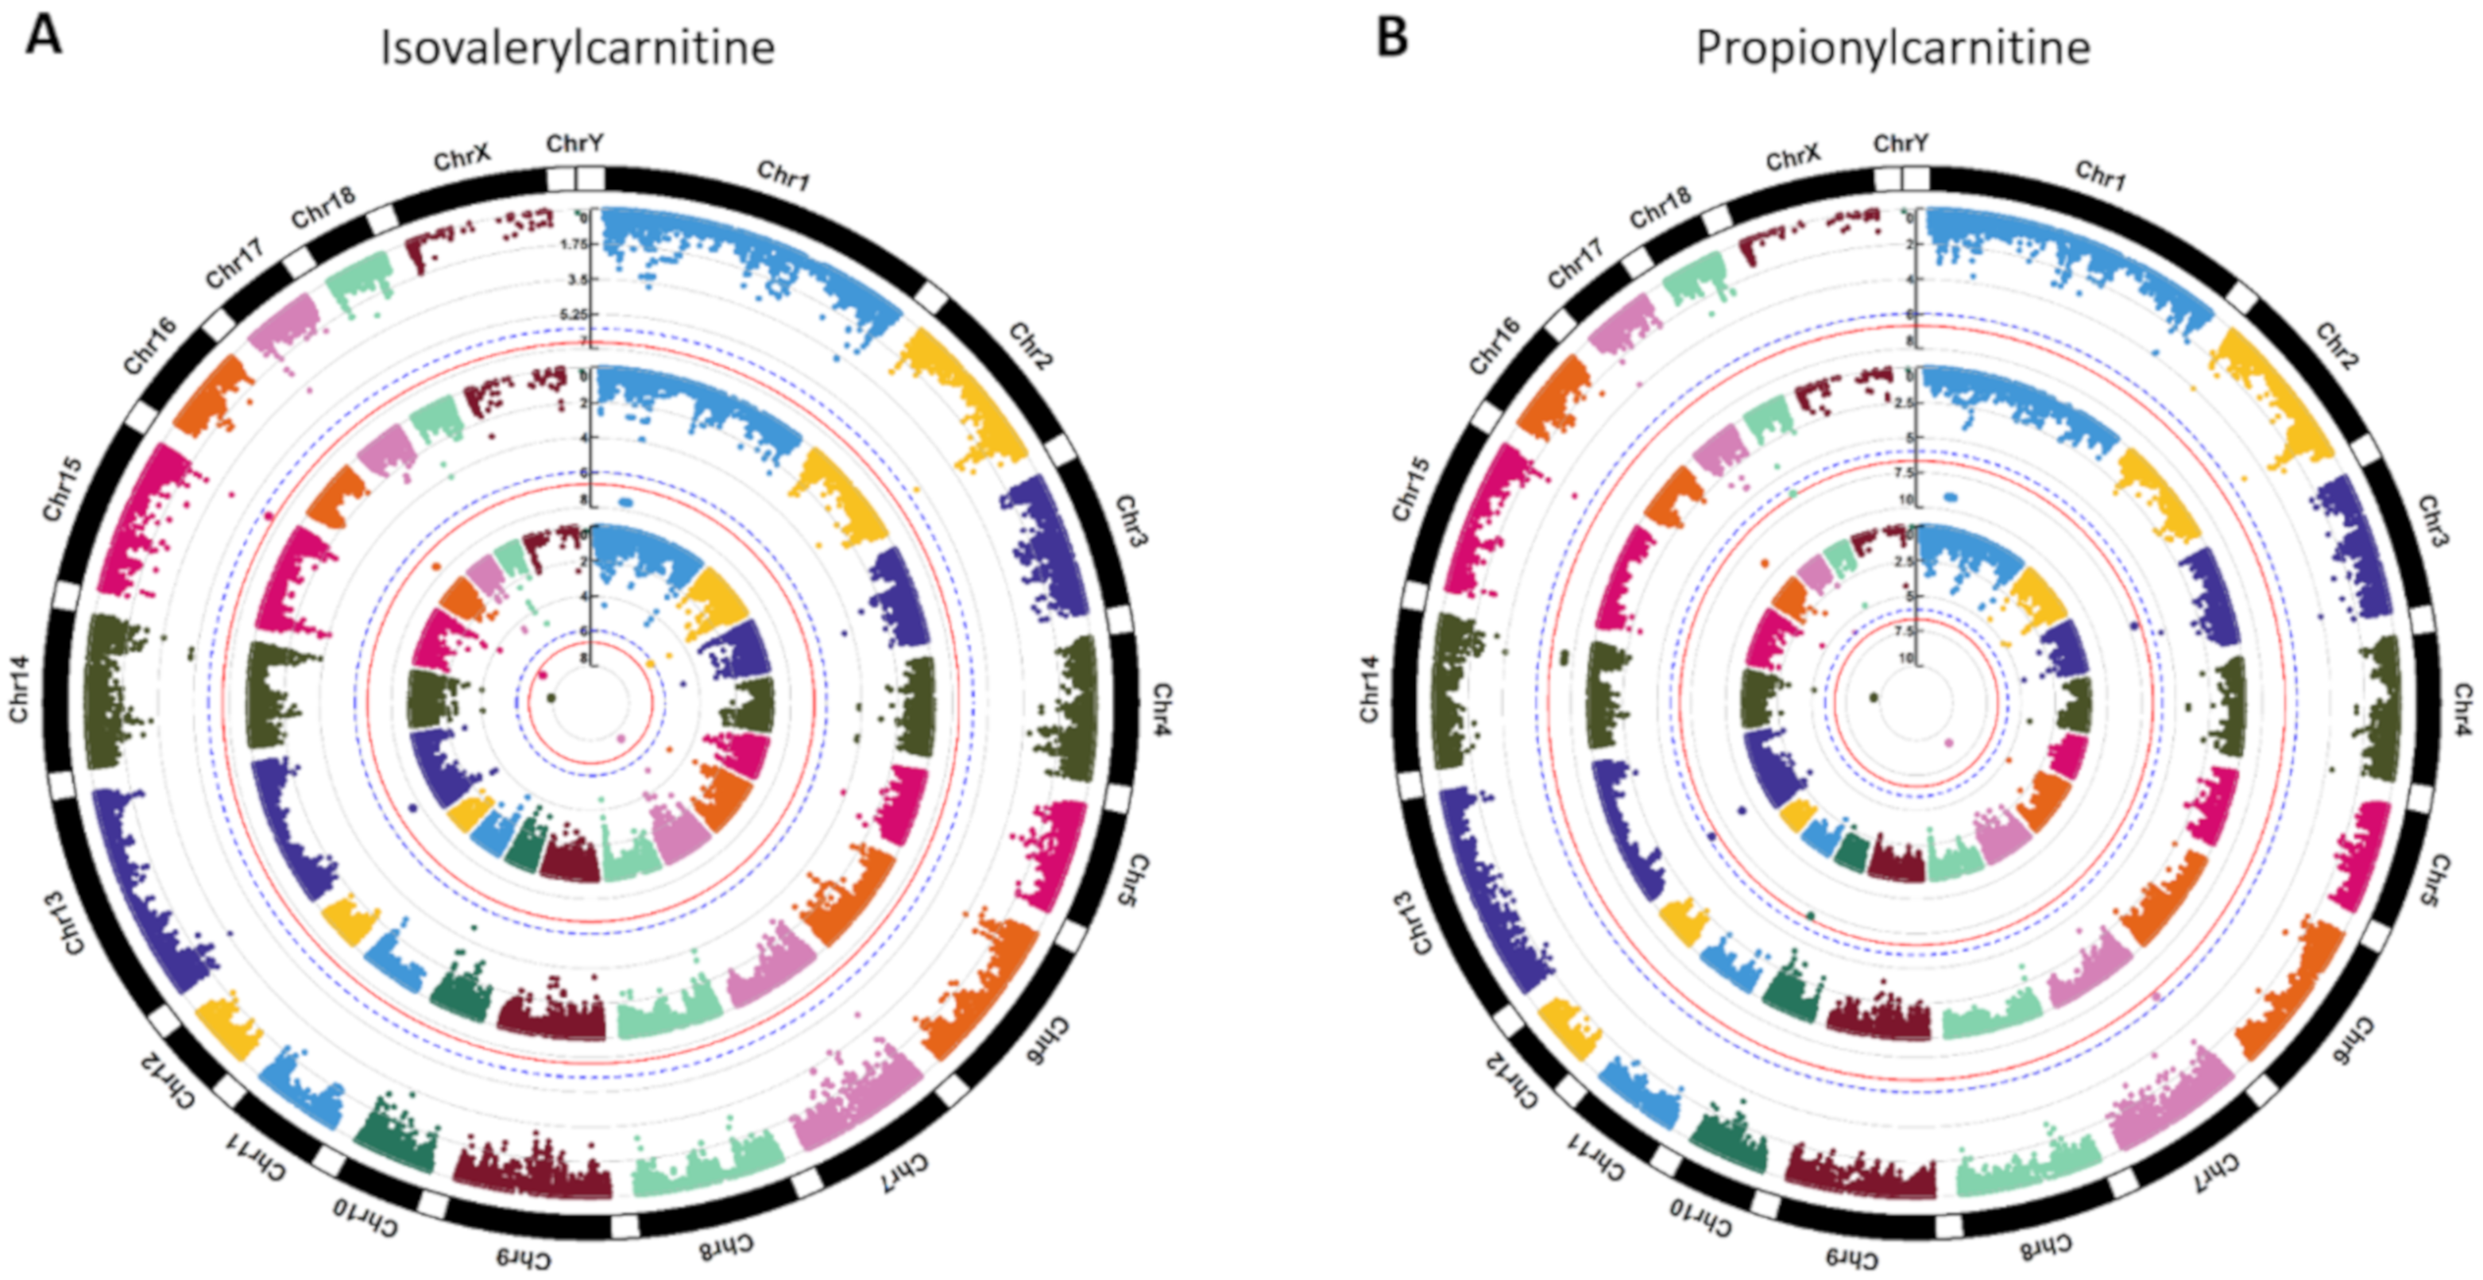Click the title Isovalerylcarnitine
tap(578, 48)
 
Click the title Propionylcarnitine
tap(1892, 48)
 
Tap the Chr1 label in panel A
tap(783, 176)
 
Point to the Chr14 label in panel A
tap(20, 688)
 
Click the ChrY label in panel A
tap(574, 144)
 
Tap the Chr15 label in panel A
tap(63, 489)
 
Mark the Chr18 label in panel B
tap(1660, 207)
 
